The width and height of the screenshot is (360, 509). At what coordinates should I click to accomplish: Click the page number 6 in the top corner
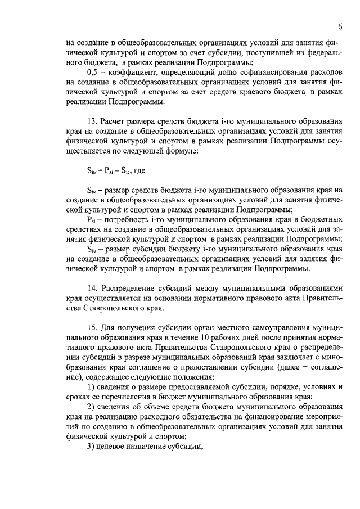(x=341, y=27)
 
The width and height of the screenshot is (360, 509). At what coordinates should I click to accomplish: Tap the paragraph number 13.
(x=92, y=121)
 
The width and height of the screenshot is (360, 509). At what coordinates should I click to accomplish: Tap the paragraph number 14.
(x=92, y=289)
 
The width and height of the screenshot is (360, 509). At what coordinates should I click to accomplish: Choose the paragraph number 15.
(x=92, y=327)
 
